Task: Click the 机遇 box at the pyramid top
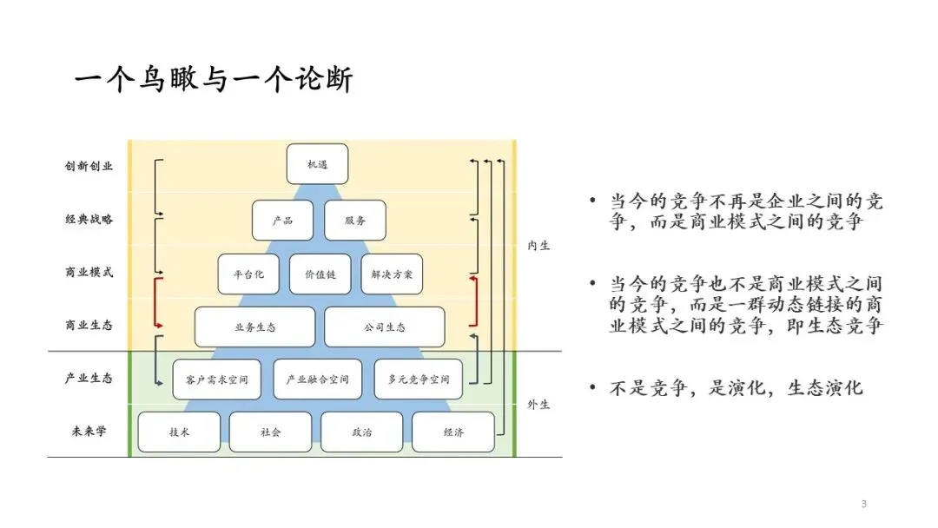tap(317, 164)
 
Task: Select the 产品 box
tap(282, 221)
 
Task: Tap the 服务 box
tap(354, 221)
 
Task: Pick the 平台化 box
tap(248, 274)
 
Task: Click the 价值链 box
tap(320, 274)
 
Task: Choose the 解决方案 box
tap(392, 274)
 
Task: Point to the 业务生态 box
tap(254, 327)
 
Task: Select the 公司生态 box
tap(385, 327)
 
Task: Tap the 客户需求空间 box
tap(216, 380)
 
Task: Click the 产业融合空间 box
tap(317, 380)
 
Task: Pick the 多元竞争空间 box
tap(419, 380)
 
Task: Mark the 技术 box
tap(180, 432)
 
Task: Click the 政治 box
tap(361, 432)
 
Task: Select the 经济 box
tap(452, 432)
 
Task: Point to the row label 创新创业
tap(89, 165)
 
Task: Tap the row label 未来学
tap(89, 431)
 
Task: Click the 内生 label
tap(538, 246)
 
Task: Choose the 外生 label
tap(538, 405)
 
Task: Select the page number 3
tap(863, 505)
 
